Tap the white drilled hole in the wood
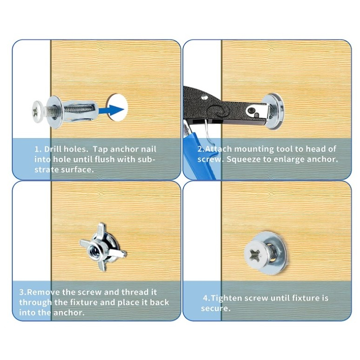[x=117, y=107]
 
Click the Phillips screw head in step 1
[x=37, y=112]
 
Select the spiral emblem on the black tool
[x=220, y=111]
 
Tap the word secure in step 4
[x=215, y=308]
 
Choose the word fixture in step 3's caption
[x=84, y=302]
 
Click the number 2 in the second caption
[x=200, y=149]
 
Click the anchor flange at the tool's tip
[x=274, y=111]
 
